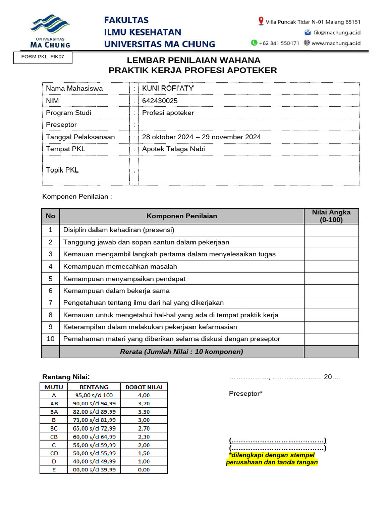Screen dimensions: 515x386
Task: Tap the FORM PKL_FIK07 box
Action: click(x=43, y=58)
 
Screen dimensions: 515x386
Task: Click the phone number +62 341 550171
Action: click(x=279, y=43)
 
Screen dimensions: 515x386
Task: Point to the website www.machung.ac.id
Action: click(x=336, y=43)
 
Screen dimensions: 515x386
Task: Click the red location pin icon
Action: click(x=261, y=21)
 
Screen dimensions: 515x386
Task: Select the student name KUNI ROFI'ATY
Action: click(x=168, y=88)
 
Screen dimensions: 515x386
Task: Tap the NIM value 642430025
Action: click(x=160, y=101)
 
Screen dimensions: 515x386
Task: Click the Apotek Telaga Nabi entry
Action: click(x=173, y=149)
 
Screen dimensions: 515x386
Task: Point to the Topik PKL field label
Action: click(x=62, y=170)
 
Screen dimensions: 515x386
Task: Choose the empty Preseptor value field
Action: click(x=249, y=125)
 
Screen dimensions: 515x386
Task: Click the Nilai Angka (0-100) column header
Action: click(x=331, y=216)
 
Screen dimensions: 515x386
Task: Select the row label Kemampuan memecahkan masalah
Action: click(x=120, y=266)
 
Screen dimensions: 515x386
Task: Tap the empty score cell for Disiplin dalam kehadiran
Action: click(x=331, y=230)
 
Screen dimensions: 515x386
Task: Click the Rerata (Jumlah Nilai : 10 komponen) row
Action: click(x=181, y=352)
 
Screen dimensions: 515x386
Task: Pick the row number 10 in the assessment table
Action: click(x=50, y=339)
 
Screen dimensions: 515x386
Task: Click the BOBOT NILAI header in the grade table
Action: click(x=143, y=387)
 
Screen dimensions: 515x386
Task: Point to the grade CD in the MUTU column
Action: click(x=54, y=453)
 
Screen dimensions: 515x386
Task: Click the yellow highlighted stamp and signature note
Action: click(x=272, y=458)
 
